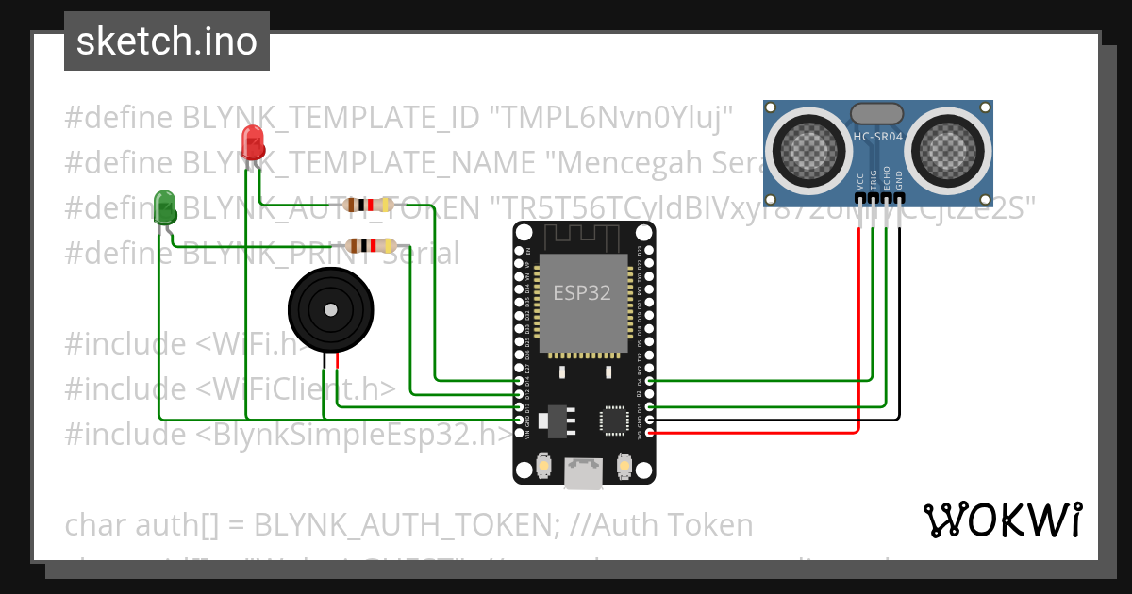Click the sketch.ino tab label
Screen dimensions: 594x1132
click(x=167, y=41)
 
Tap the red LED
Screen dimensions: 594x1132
click(x=253, y=141)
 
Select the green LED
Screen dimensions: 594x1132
click(x=165, y=206)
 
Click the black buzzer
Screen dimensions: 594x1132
click(x=329, y=308)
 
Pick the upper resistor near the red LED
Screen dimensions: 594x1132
click(x=369, y=205)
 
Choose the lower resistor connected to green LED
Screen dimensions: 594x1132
click(x=369, y=245)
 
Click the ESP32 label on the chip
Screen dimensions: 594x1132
click(x=581, y=293)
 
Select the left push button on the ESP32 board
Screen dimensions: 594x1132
click(x=543, y=465)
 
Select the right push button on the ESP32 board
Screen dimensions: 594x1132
click(x=624, y=465)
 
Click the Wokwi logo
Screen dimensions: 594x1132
click(x=1002, y=520)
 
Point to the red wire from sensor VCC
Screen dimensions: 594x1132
click(x=858, y=330)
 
